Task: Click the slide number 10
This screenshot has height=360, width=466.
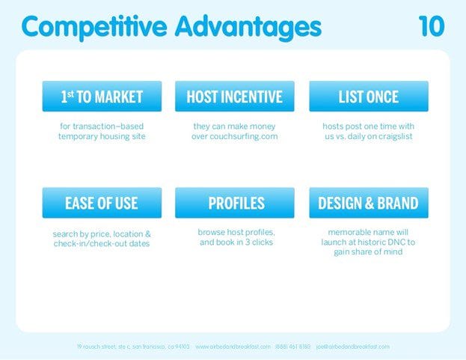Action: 431,26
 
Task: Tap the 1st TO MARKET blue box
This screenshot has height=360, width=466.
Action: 102,97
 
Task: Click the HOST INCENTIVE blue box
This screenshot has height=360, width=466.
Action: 234,97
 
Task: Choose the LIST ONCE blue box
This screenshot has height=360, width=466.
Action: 368,97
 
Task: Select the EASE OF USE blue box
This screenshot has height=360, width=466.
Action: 102,203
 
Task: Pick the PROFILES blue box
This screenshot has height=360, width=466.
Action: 234,203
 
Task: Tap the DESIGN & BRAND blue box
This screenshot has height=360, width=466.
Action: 368,203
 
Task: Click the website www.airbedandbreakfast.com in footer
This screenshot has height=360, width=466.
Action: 233,347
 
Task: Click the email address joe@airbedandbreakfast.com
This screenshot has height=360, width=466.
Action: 352,347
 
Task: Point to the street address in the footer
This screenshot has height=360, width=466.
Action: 133,347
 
